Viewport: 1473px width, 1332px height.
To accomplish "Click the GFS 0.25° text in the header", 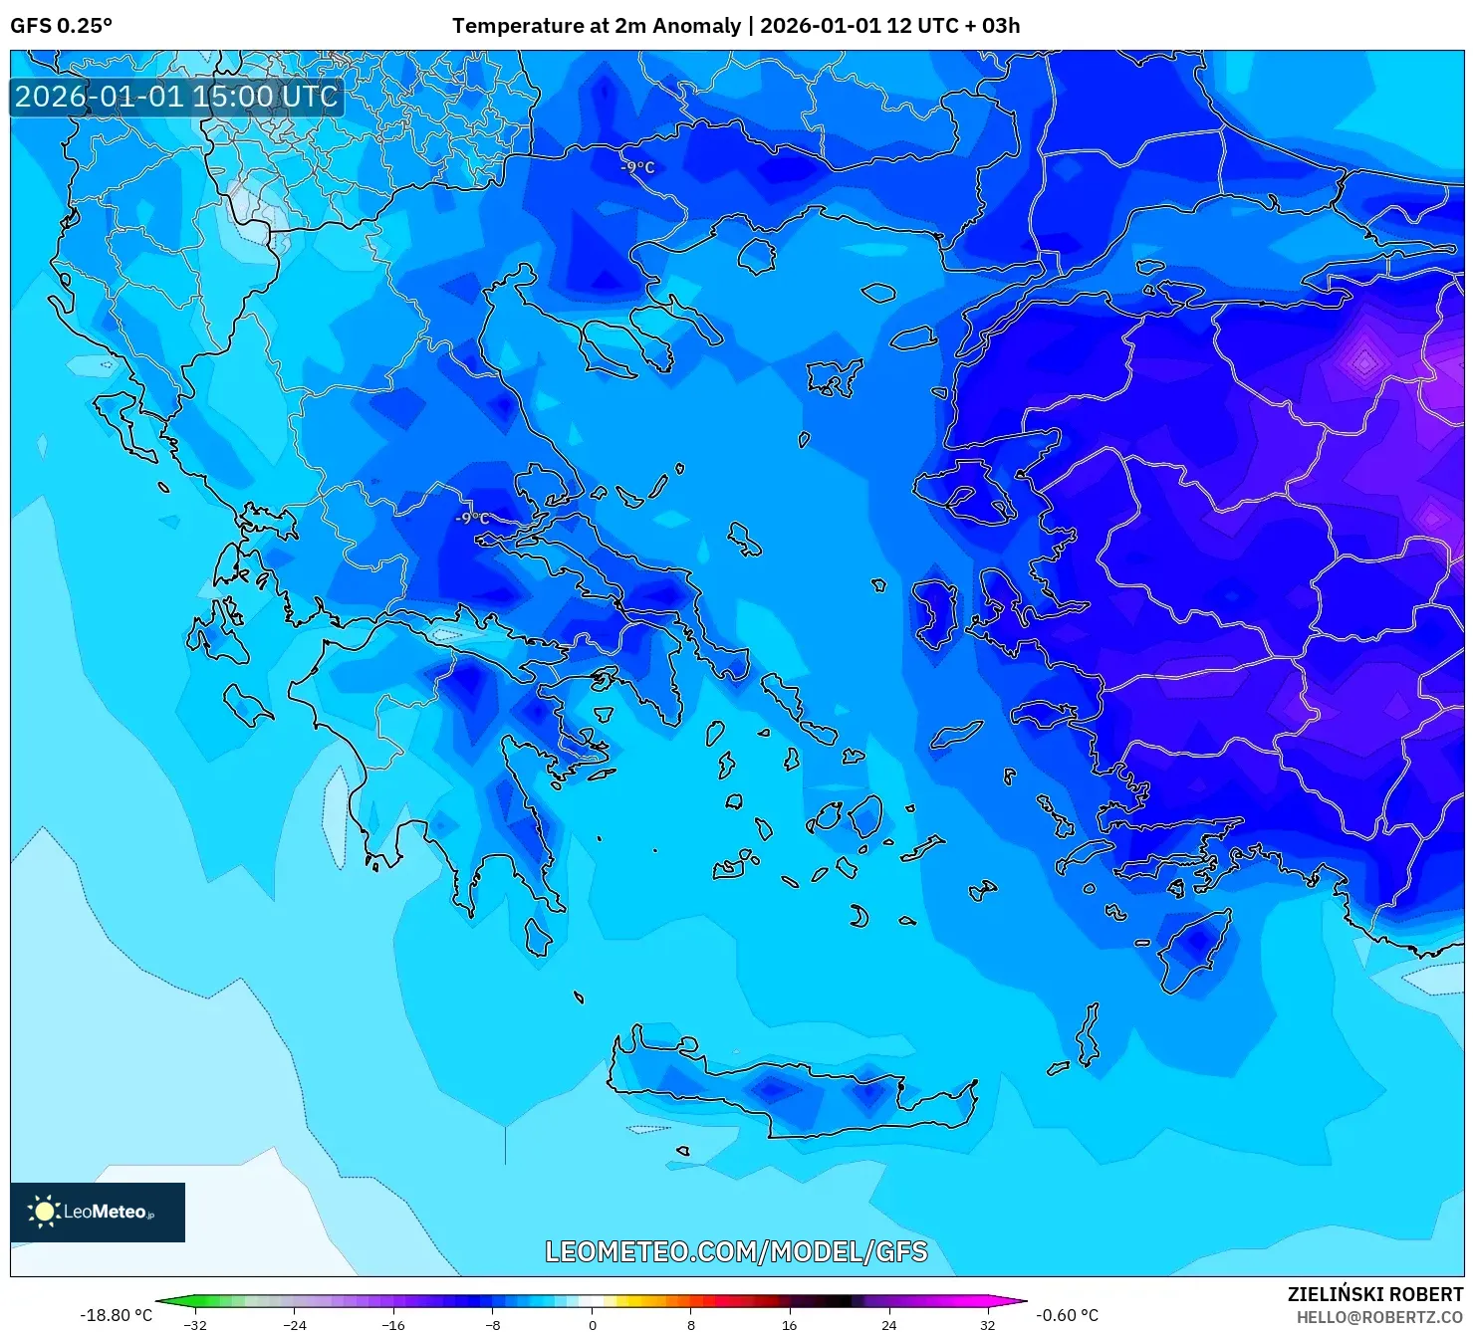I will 61,26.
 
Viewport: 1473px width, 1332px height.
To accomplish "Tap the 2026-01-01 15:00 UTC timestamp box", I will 176,97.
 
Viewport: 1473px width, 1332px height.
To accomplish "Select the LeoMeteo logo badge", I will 98,1212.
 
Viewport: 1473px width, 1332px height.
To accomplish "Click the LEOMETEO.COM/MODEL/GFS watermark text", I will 736,1251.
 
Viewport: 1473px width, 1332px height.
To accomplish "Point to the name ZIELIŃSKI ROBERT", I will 1374,1295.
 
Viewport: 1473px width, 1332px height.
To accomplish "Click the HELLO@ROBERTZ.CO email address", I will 1378,1317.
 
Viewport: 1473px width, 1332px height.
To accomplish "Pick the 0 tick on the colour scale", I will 593,1325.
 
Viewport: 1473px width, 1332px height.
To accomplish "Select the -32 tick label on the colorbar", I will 196,1325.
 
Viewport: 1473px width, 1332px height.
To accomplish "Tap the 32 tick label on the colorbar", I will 987,1325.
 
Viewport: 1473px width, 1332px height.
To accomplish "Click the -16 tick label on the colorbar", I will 394,1325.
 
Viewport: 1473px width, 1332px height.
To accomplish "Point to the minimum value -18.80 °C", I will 117,1315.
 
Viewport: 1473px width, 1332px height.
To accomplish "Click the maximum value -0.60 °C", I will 1067,1315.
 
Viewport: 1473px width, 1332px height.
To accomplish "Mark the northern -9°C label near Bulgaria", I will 637,167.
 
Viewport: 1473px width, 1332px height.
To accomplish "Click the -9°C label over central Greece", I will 472,519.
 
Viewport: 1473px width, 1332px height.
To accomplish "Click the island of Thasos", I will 757,256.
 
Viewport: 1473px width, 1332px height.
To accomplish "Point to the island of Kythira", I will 538,937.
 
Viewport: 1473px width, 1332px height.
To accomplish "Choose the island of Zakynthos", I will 246,705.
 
